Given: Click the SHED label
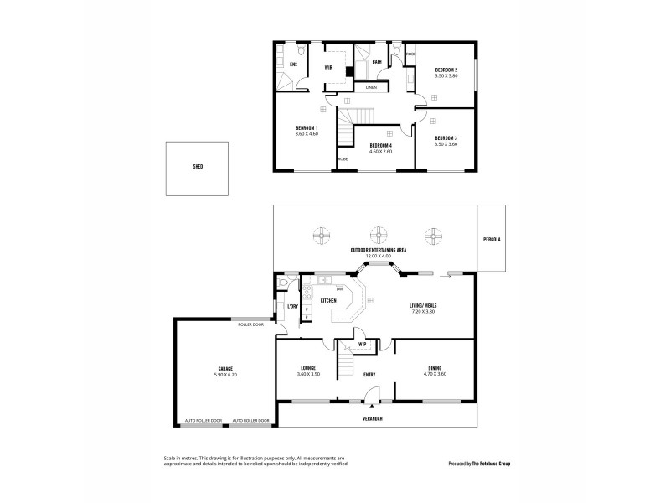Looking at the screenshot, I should pos(198,167).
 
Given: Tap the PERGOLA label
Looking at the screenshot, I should pos(492,239).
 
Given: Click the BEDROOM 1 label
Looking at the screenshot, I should pos(307,127).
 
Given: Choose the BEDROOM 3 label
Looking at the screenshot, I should pos(445,137).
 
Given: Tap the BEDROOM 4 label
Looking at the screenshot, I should pos(381,146).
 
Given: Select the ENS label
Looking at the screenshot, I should pos(294,64).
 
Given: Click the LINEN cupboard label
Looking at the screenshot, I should pos(371,87).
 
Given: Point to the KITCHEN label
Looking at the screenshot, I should pos(329,300).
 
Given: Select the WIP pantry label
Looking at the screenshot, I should pos(363,344).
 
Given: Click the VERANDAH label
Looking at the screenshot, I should pos(374,418).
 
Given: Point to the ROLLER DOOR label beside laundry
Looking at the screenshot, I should pos(250,324).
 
